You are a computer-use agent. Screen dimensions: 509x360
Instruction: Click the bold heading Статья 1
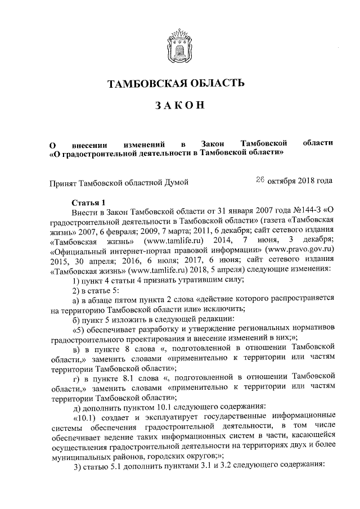(x=89, y=203)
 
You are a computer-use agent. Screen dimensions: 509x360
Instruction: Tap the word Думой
(x=175, y=182)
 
